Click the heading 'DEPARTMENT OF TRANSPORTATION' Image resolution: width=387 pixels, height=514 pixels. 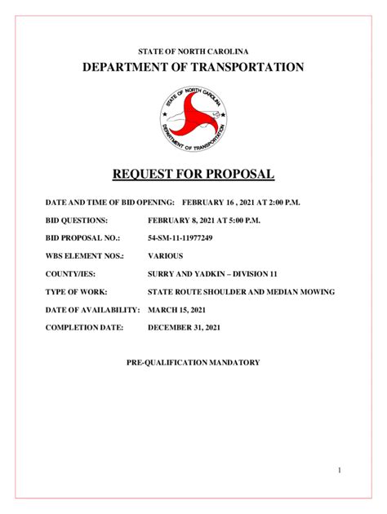coord(193,67)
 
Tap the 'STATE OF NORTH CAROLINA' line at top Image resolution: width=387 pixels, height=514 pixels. coord(193,51)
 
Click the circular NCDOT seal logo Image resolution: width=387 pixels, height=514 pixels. coord(193,120)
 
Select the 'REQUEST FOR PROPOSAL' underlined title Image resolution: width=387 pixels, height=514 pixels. coord(193,174)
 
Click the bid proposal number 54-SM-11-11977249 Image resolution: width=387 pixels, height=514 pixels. coord(180,237)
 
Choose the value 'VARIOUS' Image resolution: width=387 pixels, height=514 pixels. coord(166,255)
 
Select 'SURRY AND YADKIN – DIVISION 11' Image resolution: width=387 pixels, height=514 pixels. coord(213,273)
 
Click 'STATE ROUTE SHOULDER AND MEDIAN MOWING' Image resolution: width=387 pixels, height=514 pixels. coord(241,291)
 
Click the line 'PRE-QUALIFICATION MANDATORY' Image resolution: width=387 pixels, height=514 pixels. coord(193,362)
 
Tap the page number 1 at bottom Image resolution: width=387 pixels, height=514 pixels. coord(360,471)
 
